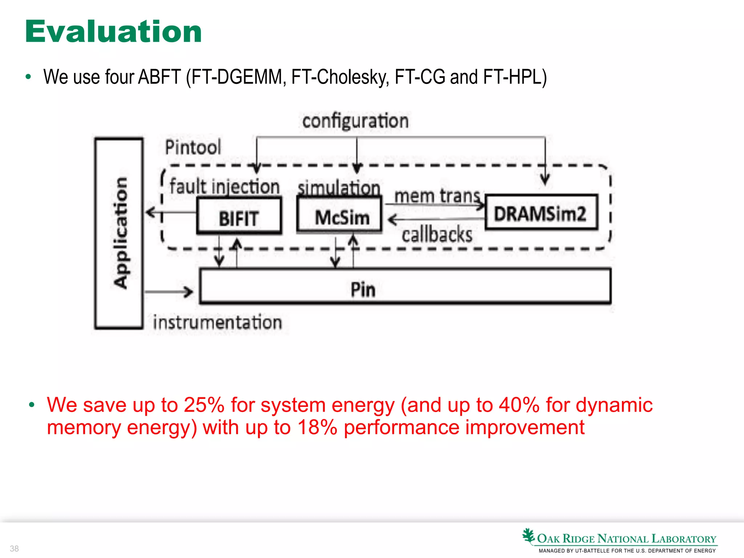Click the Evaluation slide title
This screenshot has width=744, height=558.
113,32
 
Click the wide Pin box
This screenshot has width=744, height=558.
405,286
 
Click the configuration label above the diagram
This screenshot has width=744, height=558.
355,121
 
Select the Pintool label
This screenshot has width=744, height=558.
193,147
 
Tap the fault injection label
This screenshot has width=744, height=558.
225,187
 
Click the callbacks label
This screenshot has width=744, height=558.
437,234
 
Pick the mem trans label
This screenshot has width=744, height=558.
437,196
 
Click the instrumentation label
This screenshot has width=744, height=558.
217,322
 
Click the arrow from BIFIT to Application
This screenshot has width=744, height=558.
171,212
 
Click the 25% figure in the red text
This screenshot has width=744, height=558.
204,405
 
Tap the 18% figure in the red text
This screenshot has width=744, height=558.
317,427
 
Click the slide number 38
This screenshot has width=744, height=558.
14,548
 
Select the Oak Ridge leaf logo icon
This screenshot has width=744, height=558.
529,536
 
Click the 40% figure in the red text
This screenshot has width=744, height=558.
519,405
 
